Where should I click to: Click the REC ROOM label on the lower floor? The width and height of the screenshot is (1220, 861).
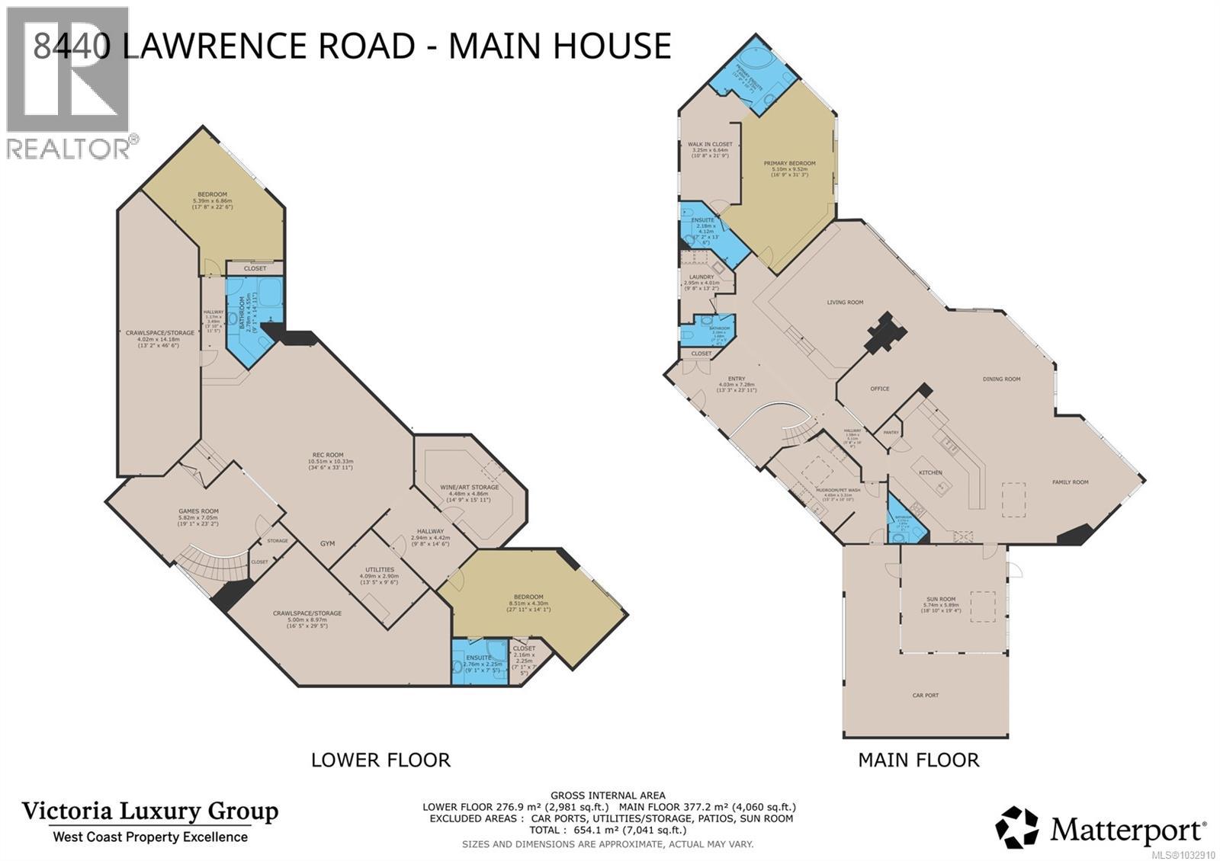tap(325, 455)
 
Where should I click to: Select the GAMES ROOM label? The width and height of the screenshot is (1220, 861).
tap(198, 511)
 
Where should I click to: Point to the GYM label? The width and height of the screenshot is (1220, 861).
tap(327, 543)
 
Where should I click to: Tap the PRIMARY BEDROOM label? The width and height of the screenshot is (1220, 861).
tap(789, 163)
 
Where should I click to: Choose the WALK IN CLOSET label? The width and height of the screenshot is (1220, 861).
tap(709, 144)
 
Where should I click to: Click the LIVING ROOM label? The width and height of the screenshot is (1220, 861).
tap(845, 302)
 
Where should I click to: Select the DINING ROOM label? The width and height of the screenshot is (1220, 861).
tap(1001, 379)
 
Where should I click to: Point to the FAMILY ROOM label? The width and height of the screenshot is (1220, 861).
tap(1070, 482)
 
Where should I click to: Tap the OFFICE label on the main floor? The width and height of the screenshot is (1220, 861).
tap(879, 389)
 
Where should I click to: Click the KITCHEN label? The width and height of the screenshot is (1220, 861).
tap(930, 472)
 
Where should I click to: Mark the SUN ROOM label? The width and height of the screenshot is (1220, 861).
tap(938, 599)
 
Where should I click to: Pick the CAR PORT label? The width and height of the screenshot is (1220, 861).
tap(926, 695)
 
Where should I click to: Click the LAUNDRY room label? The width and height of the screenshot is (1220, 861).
tap(701, 277)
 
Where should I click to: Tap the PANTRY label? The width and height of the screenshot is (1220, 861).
tap(890, 432)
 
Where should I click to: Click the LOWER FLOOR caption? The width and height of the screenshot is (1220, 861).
tap(380, 760)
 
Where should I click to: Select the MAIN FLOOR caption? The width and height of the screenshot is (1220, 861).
tap(918, 760)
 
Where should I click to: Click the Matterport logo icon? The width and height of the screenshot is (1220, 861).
tap(1016, 827)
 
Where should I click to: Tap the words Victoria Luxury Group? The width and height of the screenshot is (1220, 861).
tap(149, 811)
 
